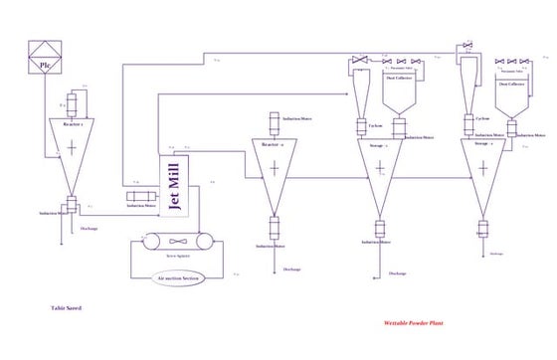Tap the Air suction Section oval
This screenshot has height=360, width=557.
point(179,277)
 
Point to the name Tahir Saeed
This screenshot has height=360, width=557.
point(66,308)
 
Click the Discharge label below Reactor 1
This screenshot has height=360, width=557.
point(90,228)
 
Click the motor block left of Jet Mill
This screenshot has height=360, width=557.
point(141,196)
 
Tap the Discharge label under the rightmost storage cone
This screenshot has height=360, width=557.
point(495,254)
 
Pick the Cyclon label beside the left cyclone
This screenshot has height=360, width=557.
point(375,126)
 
